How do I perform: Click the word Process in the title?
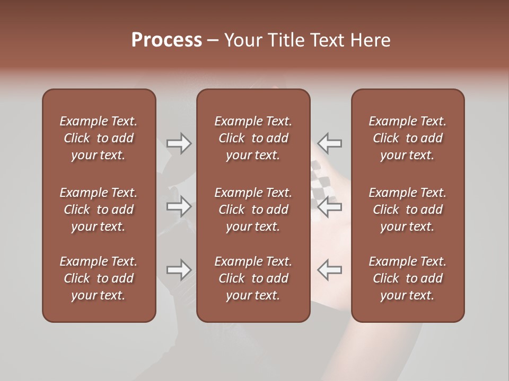(166, 40)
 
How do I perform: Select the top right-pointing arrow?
(179, 143)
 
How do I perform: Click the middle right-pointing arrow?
(179, 206)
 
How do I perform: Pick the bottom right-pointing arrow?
(179, 270)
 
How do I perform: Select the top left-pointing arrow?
(330, 143)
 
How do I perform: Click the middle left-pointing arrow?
(330, 206)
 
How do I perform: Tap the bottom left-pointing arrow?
(330, 270)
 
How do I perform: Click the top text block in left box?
(99, 138)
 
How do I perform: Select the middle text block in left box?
(99, 210)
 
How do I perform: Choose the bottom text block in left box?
(99, 278)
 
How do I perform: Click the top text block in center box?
(253, 138)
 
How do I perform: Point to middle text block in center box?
(253, 210)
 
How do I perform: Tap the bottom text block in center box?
(253, 278)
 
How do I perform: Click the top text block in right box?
(407, 138)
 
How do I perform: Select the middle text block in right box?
(407, 210)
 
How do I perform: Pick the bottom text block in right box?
(407, 278)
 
